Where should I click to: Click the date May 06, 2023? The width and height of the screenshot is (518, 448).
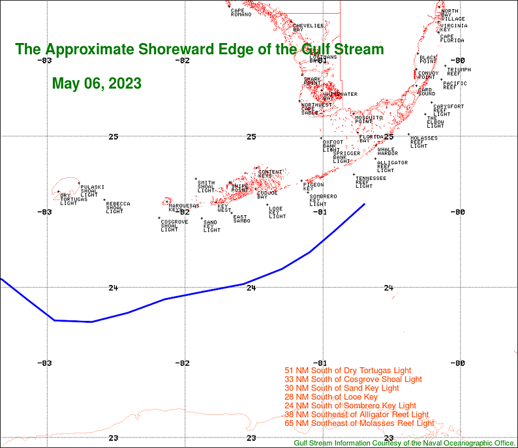97,83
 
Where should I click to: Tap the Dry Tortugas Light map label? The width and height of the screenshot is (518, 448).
69,199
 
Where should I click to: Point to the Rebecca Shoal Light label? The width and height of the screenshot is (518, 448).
117,207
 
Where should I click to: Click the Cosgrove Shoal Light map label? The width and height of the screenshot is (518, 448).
174,226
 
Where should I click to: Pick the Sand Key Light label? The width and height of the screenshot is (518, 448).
211,226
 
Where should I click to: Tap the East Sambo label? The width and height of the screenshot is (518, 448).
241,219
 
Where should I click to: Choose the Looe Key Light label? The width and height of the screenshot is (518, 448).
277,212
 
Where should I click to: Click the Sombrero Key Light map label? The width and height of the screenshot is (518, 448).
322,200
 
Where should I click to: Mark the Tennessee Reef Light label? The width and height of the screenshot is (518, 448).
370,182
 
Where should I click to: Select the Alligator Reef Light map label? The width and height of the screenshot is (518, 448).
392,166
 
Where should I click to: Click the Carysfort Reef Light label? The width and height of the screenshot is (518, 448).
448,110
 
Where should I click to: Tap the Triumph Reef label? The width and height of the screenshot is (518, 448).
459,71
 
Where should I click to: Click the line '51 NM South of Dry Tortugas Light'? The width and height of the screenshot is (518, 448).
348,370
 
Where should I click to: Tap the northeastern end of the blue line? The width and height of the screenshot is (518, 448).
364,204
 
